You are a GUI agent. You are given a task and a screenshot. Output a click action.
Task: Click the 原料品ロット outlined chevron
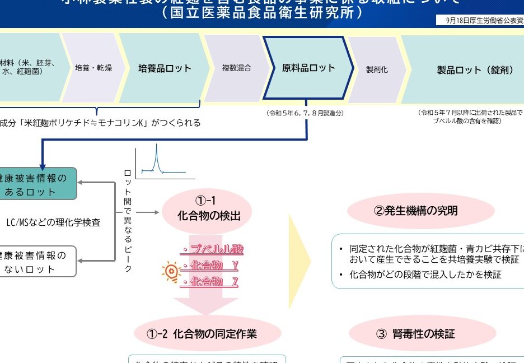[308, 68]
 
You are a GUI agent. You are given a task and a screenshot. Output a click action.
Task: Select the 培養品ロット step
[165, 68]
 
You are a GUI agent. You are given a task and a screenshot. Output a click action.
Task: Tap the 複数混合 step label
[236, 68]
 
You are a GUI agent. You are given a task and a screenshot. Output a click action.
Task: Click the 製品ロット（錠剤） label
[475, 70]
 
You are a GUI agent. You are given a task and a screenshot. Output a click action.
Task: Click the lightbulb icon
[170, 272]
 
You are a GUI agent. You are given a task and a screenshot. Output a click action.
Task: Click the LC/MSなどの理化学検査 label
[53, 222]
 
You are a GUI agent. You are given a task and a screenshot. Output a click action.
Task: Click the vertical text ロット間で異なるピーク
[128, 220]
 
